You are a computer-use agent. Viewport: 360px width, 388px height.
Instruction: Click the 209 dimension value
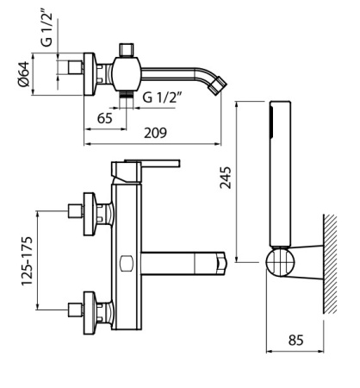pos(155,133)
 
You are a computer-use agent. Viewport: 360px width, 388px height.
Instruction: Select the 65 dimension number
pos(104,118)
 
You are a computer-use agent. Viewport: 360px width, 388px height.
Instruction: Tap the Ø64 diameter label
pos(24,74)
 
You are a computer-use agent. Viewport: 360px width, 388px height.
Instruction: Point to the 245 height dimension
pos(226,178)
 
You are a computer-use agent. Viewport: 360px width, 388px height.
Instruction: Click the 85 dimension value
pos(295,341)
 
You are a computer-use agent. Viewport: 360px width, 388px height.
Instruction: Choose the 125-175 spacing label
pos(28,261)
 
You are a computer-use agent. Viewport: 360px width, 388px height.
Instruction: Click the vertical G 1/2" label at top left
pos(47,30)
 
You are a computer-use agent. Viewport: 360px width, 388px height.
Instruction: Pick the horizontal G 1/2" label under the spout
pos(163,97)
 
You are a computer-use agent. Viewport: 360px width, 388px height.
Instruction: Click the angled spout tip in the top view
pos(218,85)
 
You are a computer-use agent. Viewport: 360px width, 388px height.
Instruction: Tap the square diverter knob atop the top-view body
pos(127,49)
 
